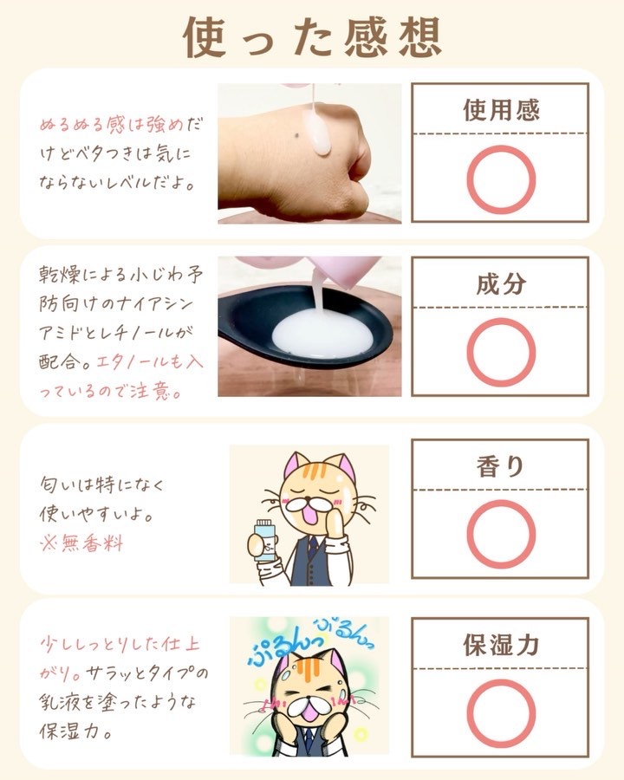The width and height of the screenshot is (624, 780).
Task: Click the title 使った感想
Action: [313, 37]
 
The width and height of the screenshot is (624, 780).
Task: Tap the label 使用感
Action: [501, 110]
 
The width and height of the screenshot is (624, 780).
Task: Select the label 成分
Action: [501, 284]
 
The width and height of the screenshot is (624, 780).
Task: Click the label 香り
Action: [501, 466]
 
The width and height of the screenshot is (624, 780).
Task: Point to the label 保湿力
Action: [501, 645]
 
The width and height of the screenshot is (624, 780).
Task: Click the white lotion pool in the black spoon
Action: [322, 334]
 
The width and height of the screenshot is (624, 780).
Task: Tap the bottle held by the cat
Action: [264, 541]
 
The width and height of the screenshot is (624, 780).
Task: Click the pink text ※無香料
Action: [81, 543]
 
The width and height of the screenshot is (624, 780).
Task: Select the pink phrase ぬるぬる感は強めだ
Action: [121, 124]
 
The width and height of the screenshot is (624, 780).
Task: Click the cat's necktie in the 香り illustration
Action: [311, 547]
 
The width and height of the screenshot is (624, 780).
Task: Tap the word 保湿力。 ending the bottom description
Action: [75, 731]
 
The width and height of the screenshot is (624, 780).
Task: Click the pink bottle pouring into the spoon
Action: [343, 271]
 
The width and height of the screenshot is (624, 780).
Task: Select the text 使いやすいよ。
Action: [96, 514]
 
